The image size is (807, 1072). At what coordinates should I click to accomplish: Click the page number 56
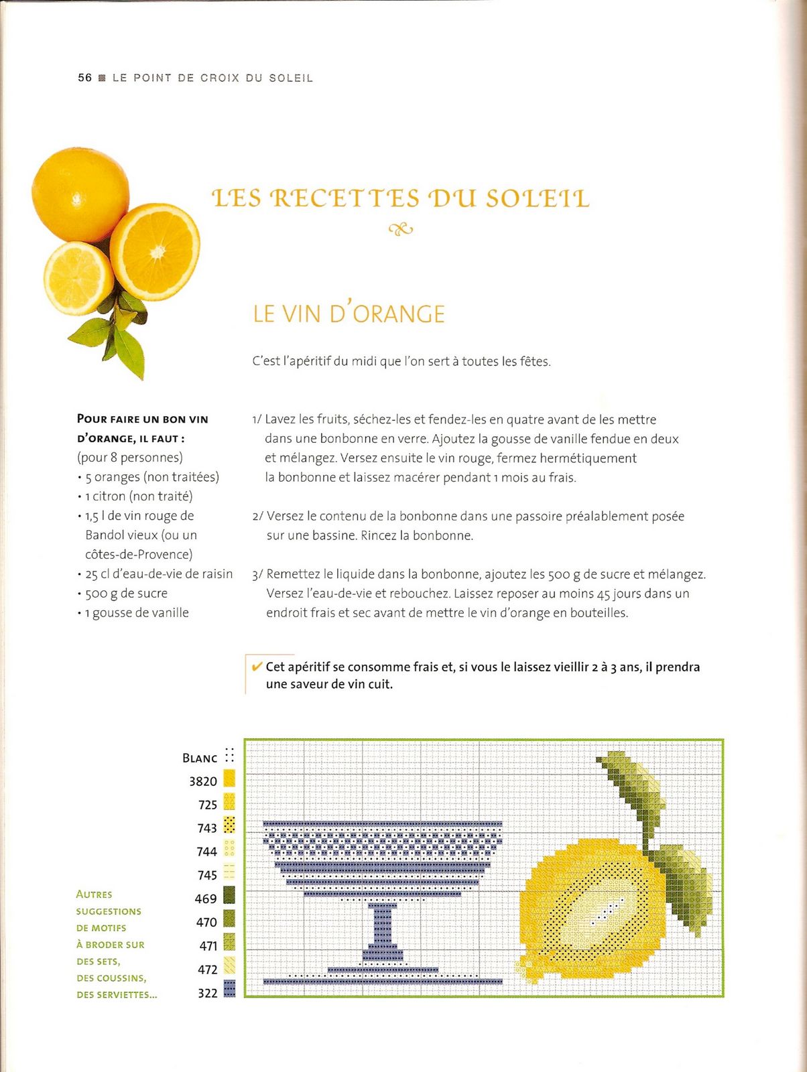tap(84, 78)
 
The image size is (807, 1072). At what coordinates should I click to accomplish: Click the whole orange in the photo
tap(80, 194)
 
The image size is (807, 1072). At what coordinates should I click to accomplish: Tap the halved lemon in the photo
tap(78, 277)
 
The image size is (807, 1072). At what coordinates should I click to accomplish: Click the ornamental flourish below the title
tap(400, 229)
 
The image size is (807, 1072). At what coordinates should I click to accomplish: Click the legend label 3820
tap(203, 781)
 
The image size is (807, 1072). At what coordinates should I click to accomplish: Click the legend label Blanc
tap(200, 758)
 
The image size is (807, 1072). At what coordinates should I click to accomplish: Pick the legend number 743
tap(207, 828)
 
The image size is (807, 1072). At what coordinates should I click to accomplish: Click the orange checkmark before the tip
tap(256, 667)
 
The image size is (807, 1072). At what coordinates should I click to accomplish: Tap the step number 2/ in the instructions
tap(258, 517)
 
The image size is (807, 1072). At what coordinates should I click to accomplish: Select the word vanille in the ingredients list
tap(168, 613)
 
